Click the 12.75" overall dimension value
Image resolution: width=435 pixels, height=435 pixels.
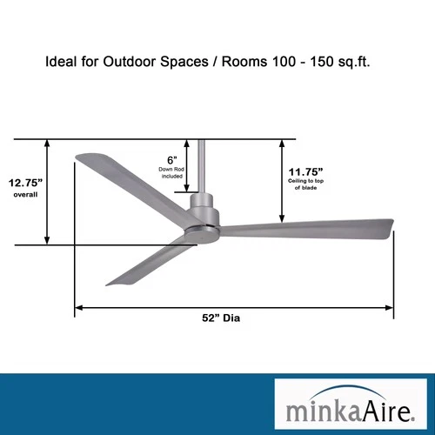pyautogui.click(x=26, y=183)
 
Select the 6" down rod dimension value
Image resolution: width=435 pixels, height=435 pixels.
pyautogui.click(x=172, y=159)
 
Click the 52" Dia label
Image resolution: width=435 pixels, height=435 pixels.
pyautogui.click(x=220, y=318)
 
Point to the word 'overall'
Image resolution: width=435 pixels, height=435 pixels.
pyautogui.click(x=26, y=195)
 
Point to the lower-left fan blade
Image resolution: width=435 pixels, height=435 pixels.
pyautogui.click(x=148, y=261)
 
